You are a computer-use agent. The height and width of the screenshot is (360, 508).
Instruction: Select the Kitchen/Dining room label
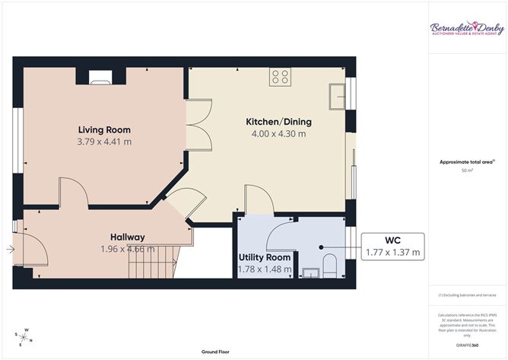click(278, 121)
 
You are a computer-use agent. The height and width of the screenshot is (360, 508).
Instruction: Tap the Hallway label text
click(127, 237)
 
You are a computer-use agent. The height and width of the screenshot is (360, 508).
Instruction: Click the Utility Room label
click(264, 257)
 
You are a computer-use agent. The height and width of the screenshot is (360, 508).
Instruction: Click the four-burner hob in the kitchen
click(279, 76)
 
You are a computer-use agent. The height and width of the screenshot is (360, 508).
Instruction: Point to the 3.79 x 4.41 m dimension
click(103, 142)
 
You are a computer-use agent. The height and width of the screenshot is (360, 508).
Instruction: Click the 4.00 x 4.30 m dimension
click(278, 134)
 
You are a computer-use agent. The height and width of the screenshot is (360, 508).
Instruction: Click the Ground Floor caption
click(216, 352)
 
